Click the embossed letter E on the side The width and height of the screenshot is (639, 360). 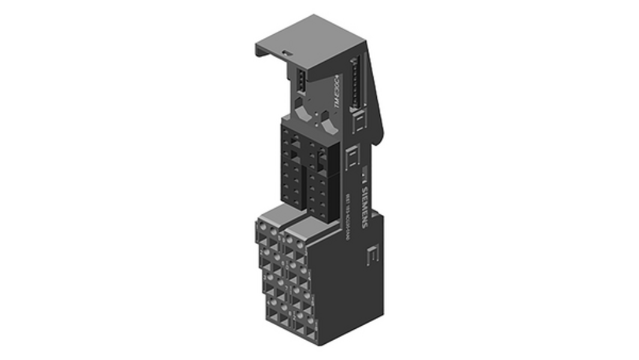pos(372,254)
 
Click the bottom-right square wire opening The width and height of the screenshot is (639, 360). pos(310,330)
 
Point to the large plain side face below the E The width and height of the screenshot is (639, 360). pos(354,294)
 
